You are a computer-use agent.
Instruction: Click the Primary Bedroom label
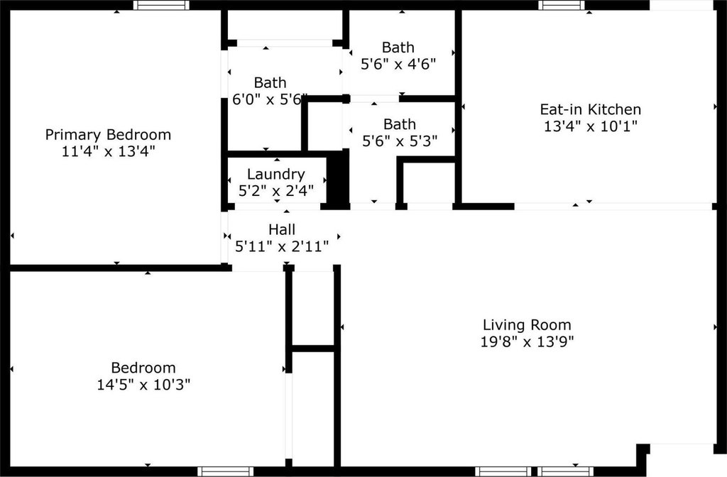click(108, 135)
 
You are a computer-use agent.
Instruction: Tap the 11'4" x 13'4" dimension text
click(108, 151)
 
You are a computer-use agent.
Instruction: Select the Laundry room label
click(276, 175)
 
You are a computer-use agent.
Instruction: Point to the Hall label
click(282, 229)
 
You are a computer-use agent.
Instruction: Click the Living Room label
click(527, 325)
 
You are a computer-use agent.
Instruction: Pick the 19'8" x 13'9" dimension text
click(527, 341)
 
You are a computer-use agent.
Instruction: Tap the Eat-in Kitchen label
click(590, 109)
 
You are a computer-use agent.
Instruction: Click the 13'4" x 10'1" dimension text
click(590, 126)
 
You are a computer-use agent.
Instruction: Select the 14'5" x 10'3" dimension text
click(143, 385)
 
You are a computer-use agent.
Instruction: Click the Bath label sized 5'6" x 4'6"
click(398, 48)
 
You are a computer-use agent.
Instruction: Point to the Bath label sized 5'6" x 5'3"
click(400, 124)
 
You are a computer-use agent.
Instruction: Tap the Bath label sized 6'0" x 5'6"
click(270, 82)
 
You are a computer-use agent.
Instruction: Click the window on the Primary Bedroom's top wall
click(161, 5)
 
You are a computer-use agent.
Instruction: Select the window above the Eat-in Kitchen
click(561, 5)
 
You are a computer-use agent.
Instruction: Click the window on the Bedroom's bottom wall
click(225, 471)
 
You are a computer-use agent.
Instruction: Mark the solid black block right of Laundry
click(338, 178)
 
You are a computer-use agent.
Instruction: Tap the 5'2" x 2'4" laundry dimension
click(276, 190)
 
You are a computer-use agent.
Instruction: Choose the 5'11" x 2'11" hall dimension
click(282, 246)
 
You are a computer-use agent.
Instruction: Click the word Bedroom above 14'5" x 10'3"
click(143, 368)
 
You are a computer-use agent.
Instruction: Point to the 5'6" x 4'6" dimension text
click(398, 64)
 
